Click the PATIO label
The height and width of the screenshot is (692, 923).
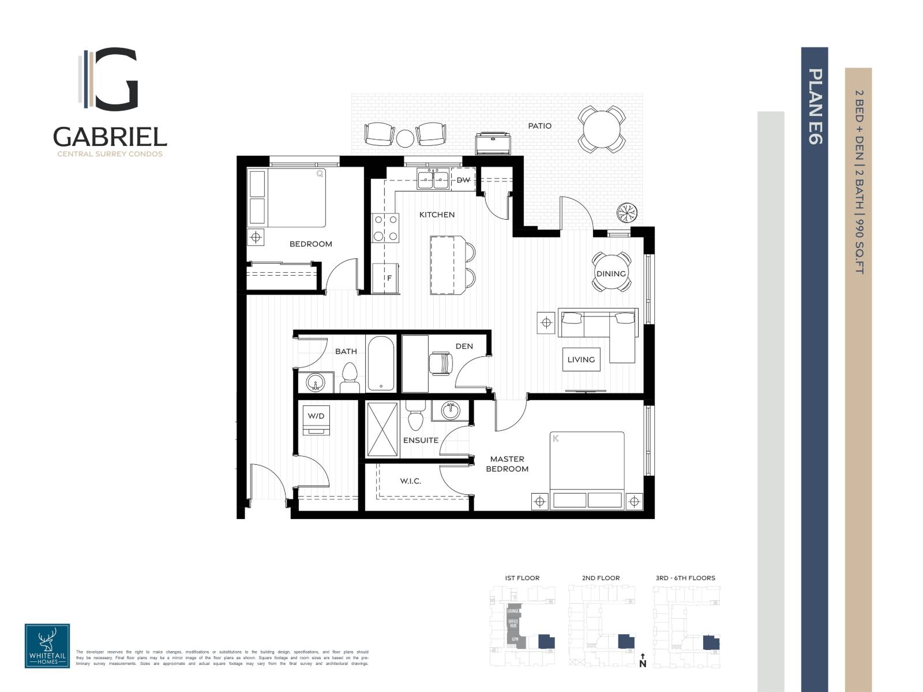coord(539,126)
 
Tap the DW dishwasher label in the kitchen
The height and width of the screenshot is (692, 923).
coord(463,180)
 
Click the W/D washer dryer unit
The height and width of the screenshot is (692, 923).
coord(316,419)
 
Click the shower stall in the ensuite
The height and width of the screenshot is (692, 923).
coord(382,430)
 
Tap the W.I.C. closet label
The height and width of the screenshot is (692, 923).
coord(410,481)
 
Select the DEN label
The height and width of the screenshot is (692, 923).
coord(464,346)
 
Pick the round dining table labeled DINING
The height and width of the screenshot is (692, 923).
coord(611,273)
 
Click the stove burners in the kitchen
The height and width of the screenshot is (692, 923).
coord(385,227)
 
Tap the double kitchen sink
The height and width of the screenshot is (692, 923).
coord(434,179)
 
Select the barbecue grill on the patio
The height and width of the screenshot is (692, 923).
coord(494,142)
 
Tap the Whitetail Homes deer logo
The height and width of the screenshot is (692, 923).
coord(47,645)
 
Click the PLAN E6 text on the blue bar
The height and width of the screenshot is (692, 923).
coord(815,106)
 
